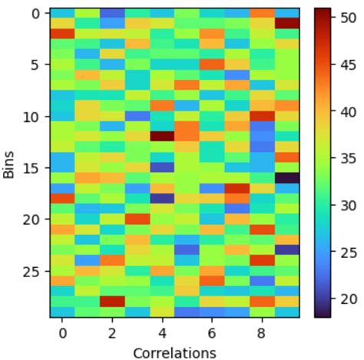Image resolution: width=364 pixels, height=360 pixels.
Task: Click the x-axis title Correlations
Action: (174, 352)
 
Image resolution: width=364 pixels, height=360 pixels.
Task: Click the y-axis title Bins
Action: (9, 164)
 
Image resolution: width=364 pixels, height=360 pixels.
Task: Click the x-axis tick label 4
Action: (162, 333)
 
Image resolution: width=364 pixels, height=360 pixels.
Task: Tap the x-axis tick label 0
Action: (62, 333)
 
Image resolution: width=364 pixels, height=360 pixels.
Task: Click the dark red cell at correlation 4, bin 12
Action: (162, 137)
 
